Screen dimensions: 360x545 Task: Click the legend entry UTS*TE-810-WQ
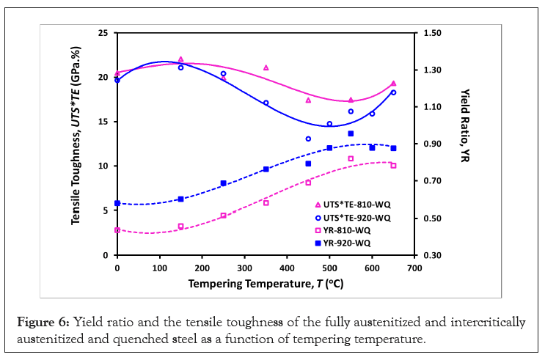[x=356, y=204]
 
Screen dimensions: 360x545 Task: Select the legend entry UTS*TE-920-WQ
[x=356, y=217]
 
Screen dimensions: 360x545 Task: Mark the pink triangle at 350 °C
[x=266, y=67]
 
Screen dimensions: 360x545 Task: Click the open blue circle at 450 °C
[x=308, y=139]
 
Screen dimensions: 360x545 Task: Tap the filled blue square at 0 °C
[x=117, y=203]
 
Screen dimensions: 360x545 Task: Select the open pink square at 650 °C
[x=393, y=166]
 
